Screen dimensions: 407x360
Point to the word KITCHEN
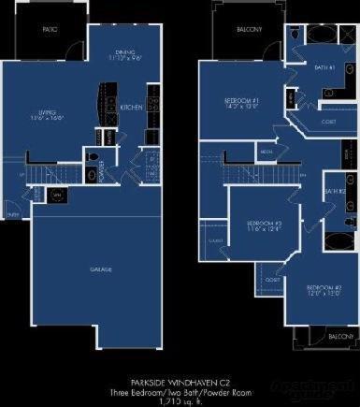(132, 108)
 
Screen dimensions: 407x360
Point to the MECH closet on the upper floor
(266, 150)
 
